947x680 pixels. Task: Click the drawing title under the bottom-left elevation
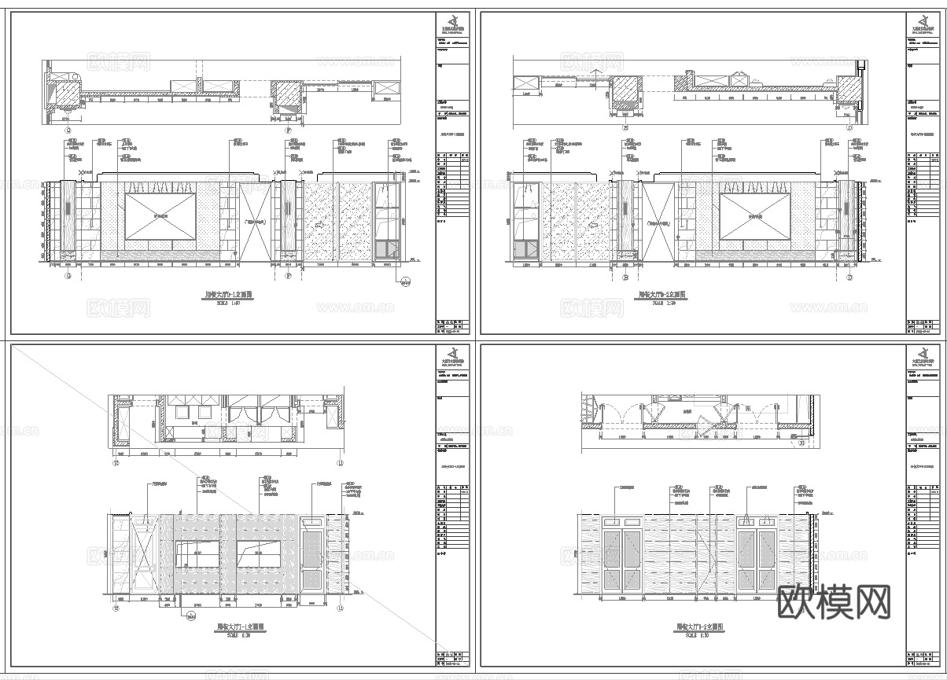coord(238,627)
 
